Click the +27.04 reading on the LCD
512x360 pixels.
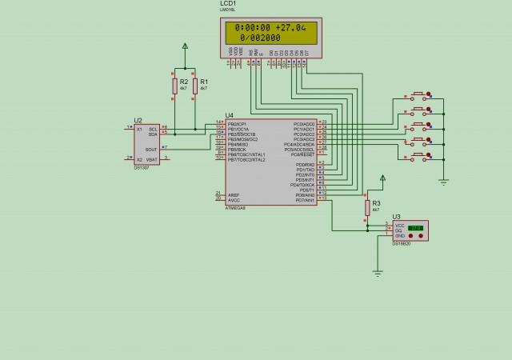coord(290,27)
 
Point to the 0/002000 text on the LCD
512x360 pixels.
coord(260,38)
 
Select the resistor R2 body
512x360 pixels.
coord(175,86)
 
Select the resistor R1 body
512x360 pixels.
coord(194,86)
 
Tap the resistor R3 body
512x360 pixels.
coord(367,207)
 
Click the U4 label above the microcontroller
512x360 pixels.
coord(230,115)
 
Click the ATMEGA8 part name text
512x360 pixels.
coord(234,207)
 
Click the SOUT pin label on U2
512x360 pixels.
coord(151,149)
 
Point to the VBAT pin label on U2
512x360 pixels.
coord(152,159)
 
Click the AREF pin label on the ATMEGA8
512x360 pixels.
coord(234,194)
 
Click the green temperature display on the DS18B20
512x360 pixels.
coord(415,228)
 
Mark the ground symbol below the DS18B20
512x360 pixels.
coord(378,273)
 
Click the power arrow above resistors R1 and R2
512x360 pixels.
coord(185,48)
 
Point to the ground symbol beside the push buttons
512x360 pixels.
coord(442,179)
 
